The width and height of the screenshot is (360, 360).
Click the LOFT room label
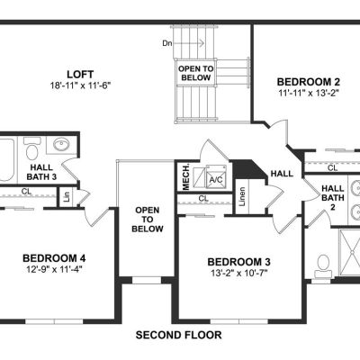80,74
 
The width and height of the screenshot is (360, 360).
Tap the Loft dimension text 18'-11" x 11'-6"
80,85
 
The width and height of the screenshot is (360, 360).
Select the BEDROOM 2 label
309,82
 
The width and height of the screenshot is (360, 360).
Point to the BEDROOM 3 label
238,262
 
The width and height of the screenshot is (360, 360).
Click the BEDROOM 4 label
54,258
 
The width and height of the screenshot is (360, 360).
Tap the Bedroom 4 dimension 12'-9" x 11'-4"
54,269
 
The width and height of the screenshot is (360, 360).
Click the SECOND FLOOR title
179,335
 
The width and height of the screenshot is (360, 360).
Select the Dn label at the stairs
167,43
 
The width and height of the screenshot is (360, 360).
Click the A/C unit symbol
215,177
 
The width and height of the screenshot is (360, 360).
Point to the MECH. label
186,177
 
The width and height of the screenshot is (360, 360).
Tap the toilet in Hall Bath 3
31,149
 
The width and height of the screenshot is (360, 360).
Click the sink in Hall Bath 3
61,145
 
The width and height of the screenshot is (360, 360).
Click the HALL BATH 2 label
333,198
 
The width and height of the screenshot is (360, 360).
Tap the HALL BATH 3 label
41,172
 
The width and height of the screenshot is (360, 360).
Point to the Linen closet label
242,196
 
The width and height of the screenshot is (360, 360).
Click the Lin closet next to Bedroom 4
67,197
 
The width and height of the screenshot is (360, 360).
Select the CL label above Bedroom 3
203,198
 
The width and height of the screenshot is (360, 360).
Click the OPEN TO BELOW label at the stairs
196,73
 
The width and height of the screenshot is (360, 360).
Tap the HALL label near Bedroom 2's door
282,174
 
